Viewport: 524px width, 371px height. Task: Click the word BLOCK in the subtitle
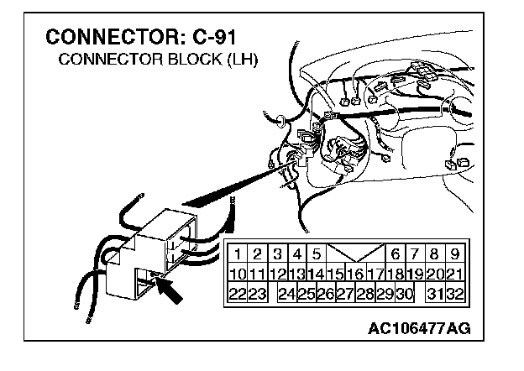(x=190, y=60)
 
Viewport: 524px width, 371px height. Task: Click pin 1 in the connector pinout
(x=238, y=253)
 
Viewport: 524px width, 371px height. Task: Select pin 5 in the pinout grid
(x=316, y=253)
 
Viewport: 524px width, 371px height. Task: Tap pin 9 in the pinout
(x=453, y=253)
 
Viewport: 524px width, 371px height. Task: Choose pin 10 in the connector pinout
(x=238, y=273)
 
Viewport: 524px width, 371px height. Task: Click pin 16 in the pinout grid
(x=355, y=273)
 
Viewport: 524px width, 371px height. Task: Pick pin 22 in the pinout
(x=238, y=293)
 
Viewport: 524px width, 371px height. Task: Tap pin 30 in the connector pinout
(x=404, y=293)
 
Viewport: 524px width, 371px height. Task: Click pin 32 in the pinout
(x=453, y=293)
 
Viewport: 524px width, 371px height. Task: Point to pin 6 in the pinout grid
(x=395, y=253)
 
